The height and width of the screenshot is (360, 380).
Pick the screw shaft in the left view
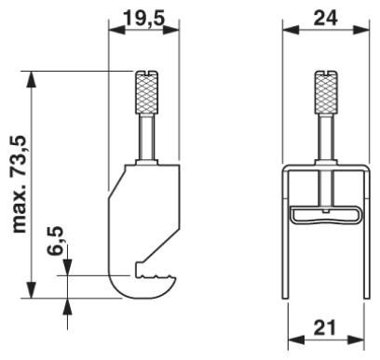[149, 140]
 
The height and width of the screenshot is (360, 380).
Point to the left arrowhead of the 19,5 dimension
[115, 31]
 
